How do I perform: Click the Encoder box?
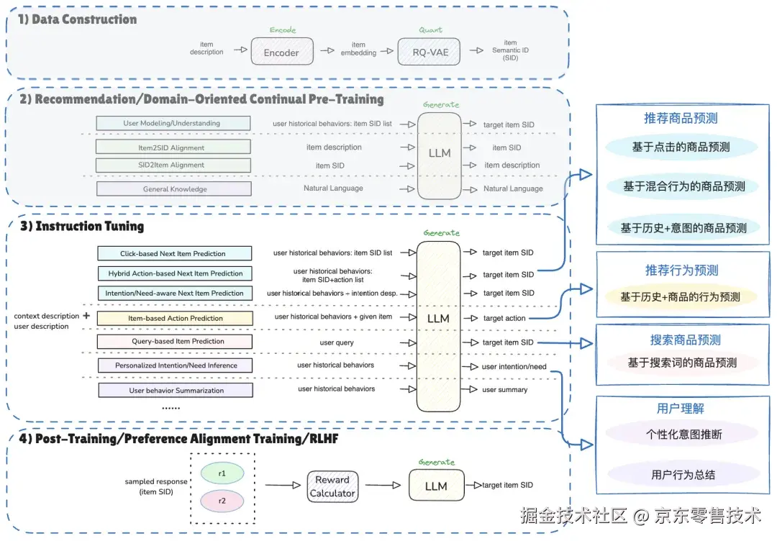click(282, 52)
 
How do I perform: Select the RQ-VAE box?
click(429, 52)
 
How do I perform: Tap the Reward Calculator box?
click(332, 486)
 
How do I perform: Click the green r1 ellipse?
click(222, 473)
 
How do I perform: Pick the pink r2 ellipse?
click(222, 501)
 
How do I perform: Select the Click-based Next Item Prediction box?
click(174, 253)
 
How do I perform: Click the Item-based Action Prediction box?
click(175, 318)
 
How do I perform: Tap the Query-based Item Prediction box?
click(174, 341)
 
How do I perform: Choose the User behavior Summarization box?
click(176, 390)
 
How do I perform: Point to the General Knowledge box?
click(174, 188)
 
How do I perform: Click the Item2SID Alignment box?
click(173, 147)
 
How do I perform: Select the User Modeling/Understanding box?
click(173, 123)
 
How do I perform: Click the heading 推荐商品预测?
click(681, 118)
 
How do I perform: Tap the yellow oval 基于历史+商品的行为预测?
click(681, 296)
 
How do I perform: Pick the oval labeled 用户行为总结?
click(683, 474)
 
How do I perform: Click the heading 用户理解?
click(681, 408)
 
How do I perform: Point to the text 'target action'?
click(504, 318)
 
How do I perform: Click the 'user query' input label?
click(337, 342)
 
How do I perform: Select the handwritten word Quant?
click(430, 29)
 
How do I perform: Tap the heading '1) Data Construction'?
click(77, 19)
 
